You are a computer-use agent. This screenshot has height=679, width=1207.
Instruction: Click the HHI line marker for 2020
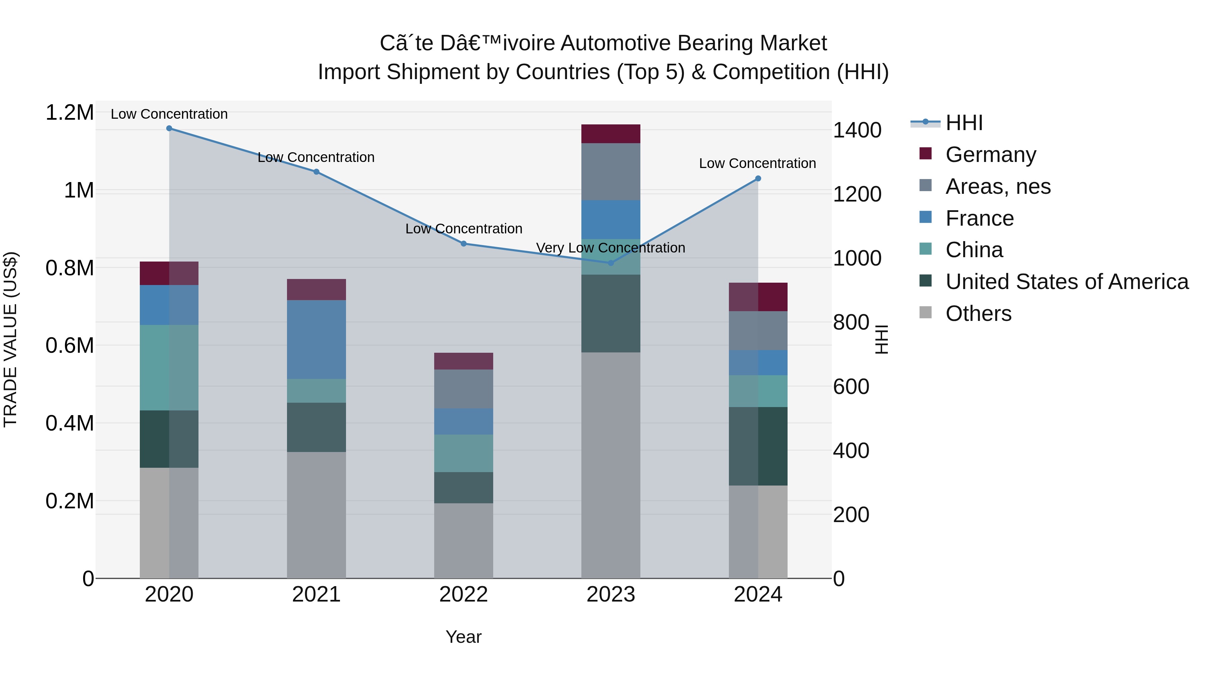click(169, 128)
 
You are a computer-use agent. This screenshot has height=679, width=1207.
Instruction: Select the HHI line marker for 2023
click(611, 263)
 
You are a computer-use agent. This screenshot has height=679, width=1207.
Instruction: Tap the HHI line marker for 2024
click(758, 178)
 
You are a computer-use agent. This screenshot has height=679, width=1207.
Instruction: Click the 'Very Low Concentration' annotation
click(611, 247)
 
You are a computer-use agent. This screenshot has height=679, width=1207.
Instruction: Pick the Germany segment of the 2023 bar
click(611, 134)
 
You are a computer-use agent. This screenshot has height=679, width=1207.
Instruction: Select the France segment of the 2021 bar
click(316, 339)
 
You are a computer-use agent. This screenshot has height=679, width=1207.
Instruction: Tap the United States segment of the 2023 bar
click(611, 313)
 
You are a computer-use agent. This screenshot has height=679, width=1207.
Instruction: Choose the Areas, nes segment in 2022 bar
click(463, 389)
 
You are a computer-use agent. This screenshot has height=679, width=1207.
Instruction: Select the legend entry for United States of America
click(1067, 282)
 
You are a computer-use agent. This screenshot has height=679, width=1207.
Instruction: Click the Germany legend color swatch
click(925, 154)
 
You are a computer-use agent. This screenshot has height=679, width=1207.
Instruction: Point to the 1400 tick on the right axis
click(857, 130)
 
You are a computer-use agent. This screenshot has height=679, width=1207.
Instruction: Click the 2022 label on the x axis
click(463, 595)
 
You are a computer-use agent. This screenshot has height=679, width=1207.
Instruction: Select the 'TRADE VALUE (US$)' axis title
click(10, 339)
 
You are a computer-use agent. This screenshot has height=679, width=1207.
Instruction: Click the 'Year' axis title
click(463, 637)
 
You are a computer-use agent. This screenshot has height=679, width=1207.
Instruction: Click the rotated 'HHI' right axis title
click(881, 339)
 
